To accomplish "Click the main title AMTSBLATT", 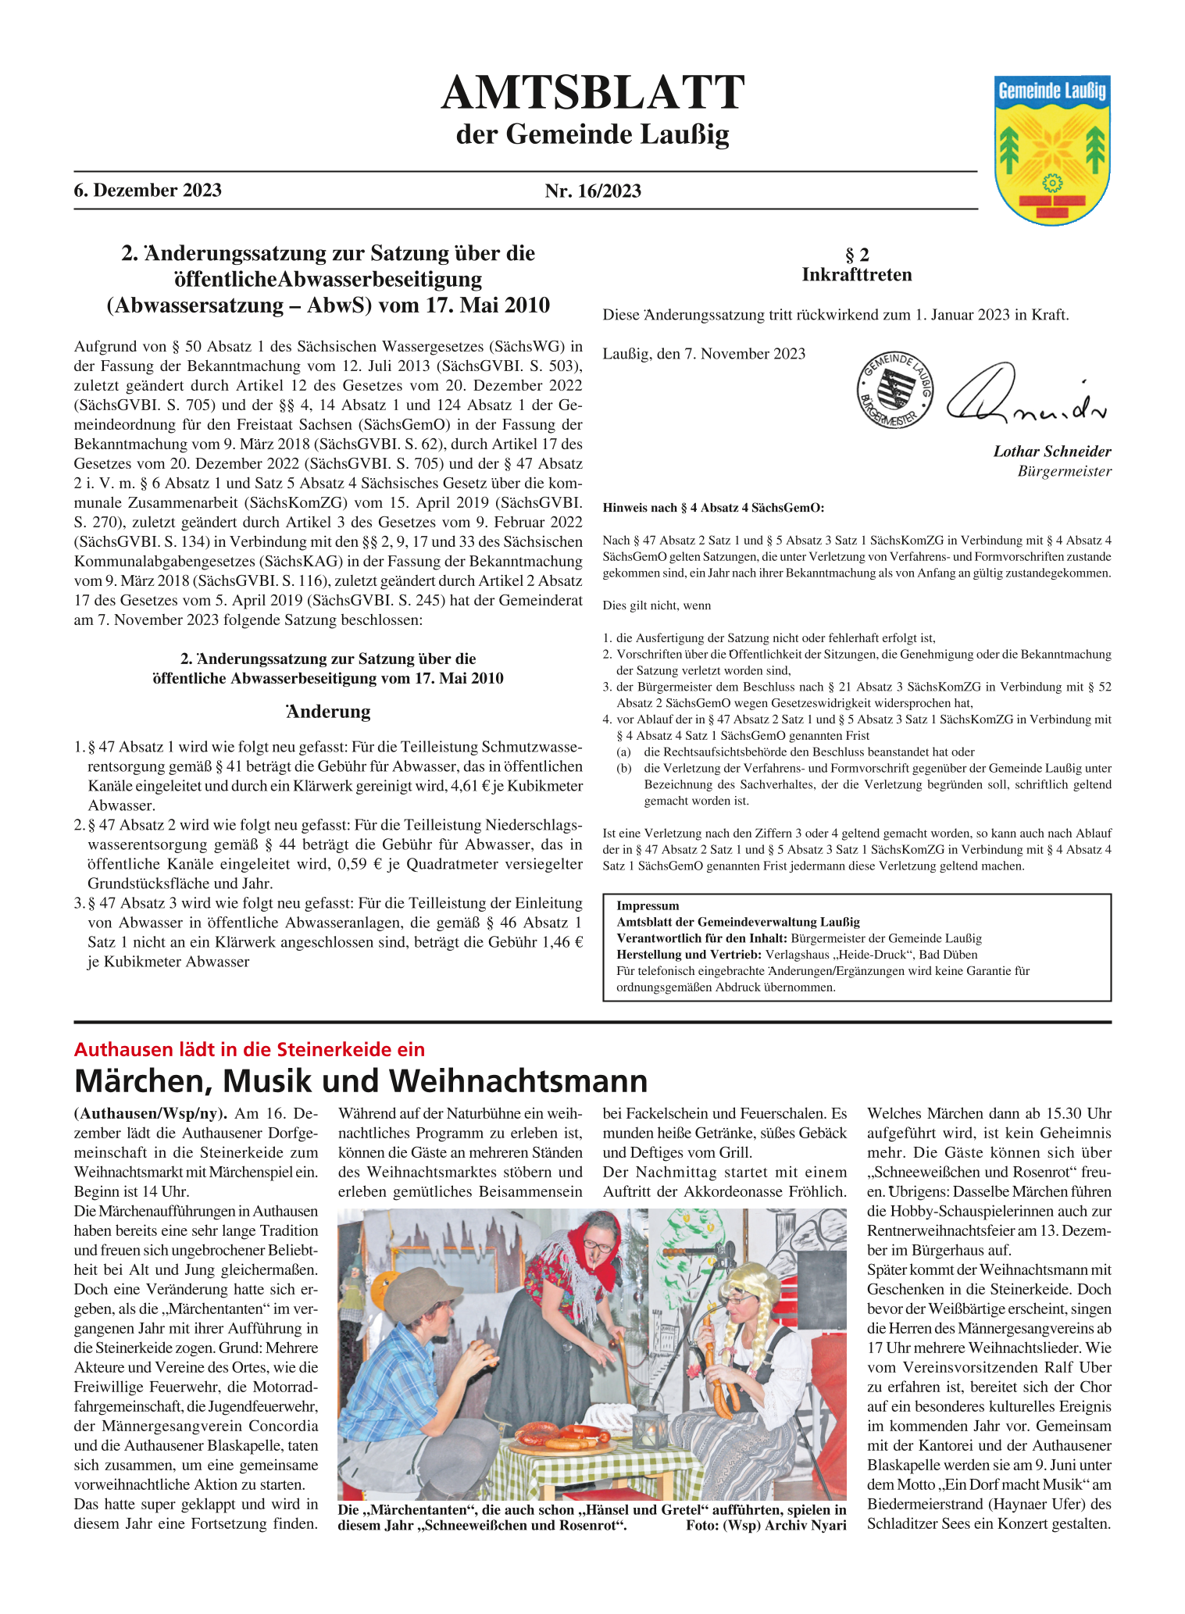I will point(592,93).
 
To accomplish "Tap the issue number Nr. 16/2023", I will point(593,191).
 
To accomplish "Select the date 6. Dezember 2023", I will point(148,190).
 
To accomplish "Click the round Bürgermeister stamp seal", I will point(895,390).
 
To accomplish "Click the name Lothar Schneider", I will point(1051,451).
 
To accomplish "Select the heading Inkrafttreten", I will point(856,274).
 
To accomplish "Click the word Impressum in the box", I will point(648,905).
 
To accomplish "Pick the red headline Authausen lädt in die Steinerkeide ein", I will point(249,1049).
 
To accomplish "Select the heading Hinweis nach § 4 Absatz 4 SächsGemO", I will point(713,508).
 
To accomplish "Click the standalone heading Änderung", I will point(327,712).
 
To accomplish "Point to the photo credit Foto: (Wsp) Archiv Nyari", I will point(766,1525).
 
